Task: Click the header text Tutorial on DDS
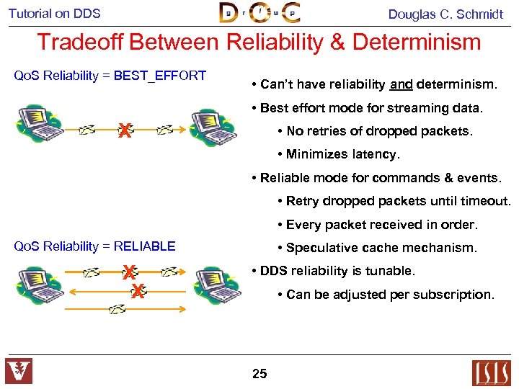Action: tap(55, 14)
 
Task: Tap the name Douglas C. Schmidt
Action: tap(445, 14)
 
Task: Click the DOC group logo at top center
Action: tap(259, 13)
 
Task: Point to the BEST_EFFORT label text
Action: tap(160, 76)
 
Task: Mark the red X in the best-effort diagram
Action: tap(125, 131)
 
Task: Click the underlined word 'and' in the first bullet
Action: tap(401, 85)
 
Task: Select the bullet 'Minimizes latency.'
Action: tap(342, 154)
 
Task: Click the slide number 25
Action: tap(259, 373)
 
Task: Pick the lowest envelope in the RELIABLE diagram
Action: tap(117, 309)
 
